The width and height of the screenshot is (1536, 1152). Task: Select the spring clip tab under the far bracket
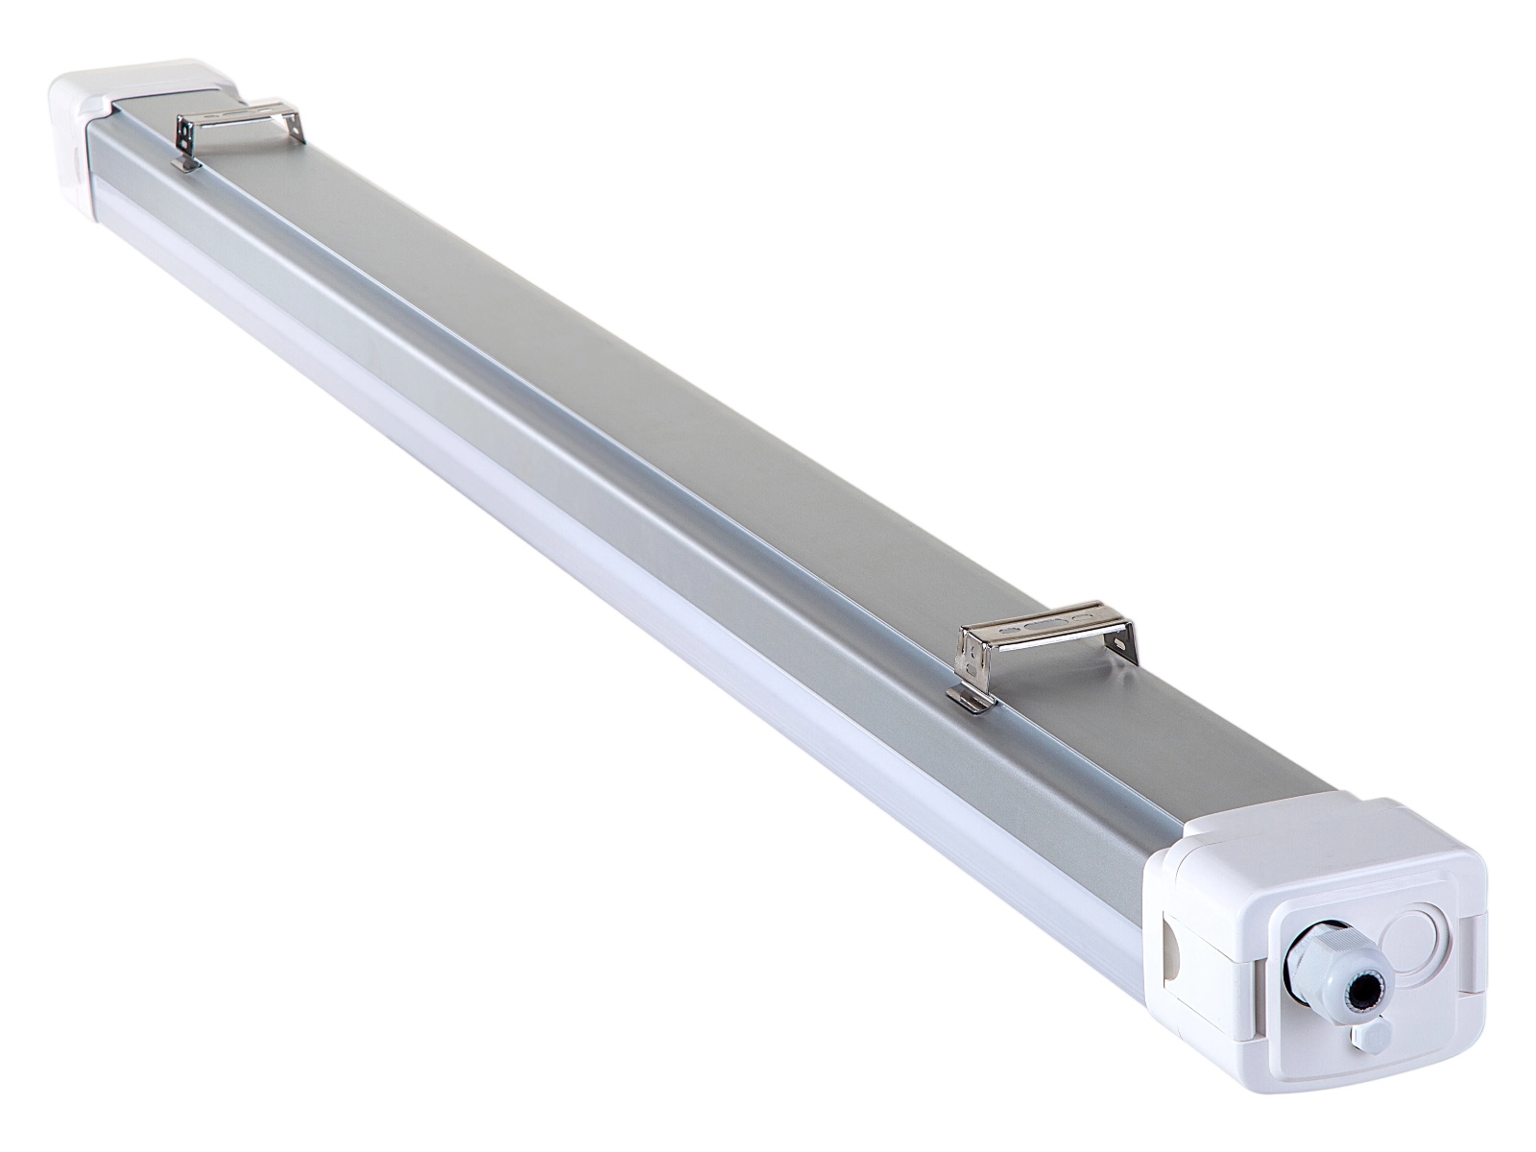pos(185,165)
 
